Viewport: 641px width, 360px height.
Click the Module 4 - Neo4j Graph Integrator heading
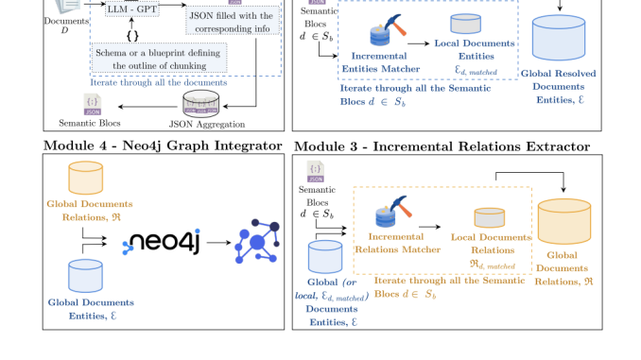point(163,146)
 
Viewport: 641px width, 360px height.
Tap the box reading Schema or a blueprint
point(159,58)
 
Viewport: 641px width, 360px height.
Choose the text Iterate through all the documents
point(159,81)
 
